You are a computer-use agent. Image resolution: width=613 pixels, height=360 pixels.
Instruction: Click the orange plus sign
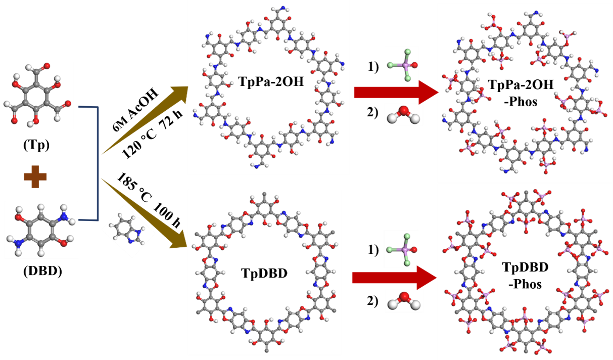click(35, 177)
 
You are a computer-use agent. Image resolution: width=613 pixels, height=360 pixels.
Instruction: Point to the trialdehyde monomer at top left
click(37, 95)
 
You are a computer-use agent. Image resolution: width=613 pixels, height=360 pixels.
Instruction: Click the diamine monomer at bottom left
click(41, 230)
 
